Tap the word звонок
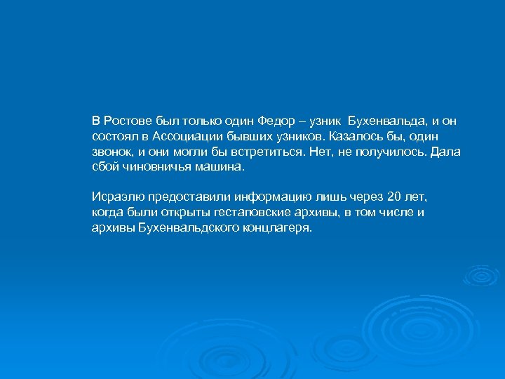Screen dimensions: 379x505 click(112, 151)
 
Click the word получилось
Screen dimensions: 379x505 click(386, 151)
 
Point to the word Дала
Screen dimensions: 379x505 click(445, 151)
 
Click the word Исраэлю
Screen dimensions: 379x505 click(116, 196)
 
